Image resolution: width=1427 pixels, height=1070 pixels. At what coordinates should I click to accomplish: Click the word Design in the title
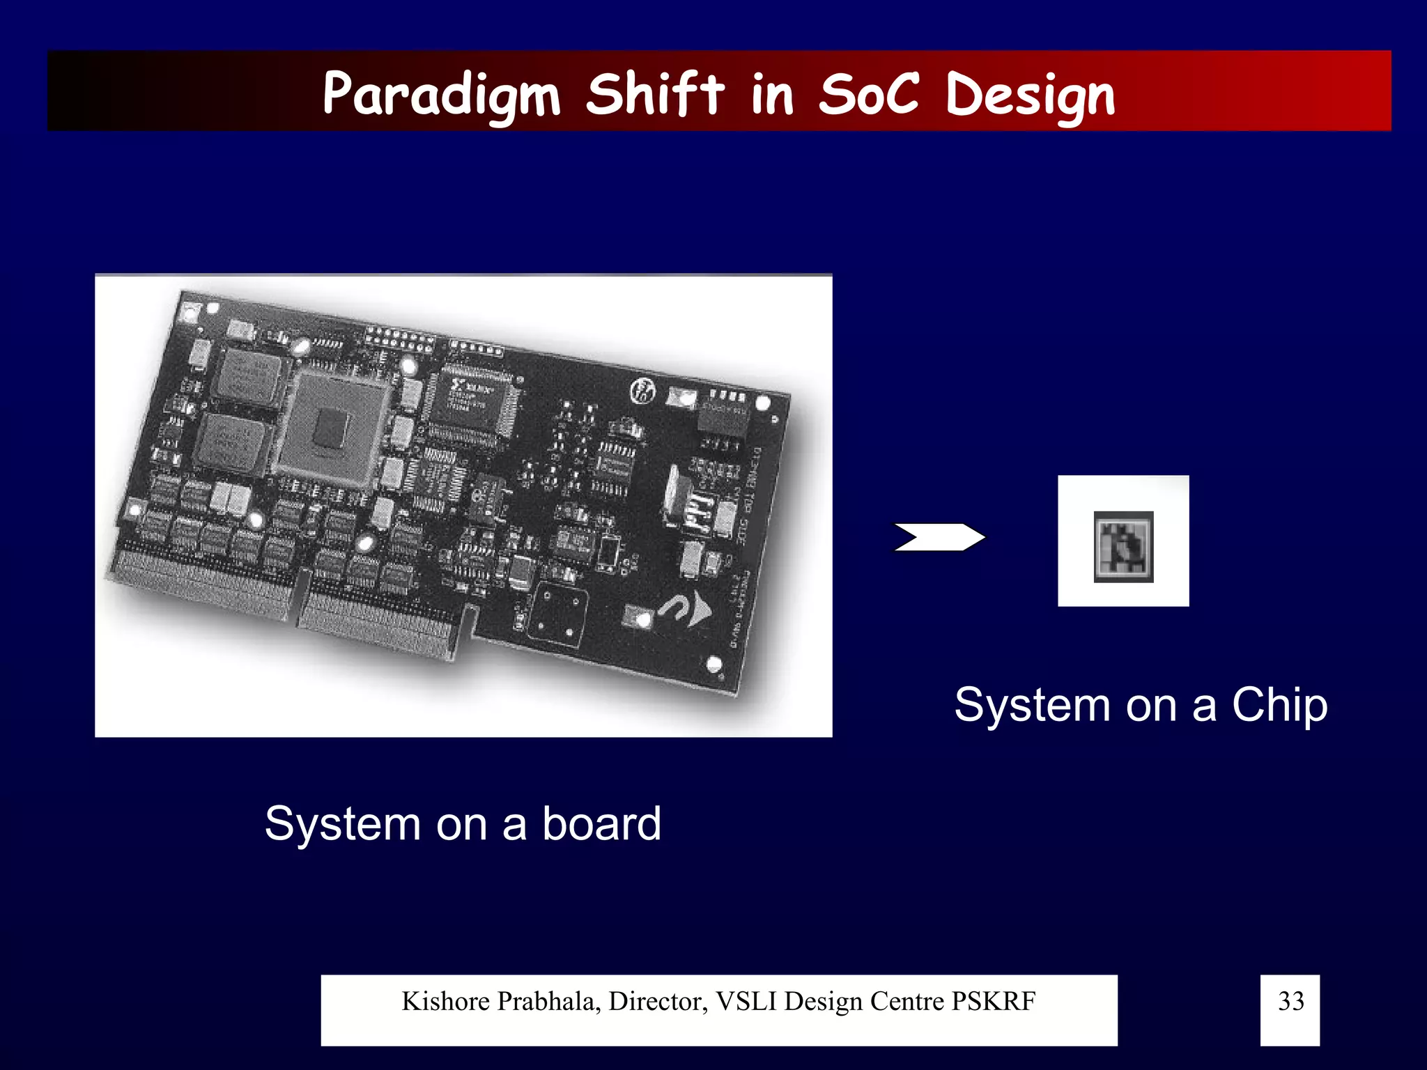1030,95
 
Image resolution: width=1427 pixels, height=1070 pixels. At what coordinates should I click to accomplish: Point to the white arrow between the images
939,537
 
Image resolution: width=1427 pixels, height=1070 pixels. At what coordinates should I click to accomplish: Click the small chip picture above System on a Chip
1123,546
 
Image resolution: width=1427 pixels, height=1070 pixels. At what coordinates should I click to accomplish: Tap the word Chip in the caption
1279,705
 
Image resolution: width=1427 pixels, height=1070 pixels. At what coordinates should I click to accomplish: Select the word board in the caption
601,823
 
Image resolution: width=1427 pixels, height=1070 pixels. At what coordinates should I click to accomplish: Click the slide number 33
1290,1001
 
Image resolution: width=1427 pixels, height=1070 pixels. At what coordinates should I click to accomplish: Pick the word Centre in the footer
907,1001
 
